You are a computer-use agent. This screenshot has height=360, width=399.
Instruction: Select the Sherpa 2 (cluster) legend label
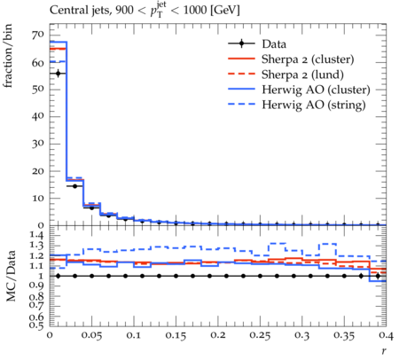pos(308,59)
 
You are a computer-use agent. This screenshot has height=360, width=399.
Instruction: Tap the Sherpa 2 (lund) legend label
pos(302,74)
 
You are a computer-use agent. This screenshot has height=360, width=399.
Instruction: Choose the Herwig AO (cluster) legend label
pos(316,90)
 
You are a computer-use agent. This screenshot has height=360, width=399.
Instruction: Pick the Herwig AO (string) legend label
pos(314,105)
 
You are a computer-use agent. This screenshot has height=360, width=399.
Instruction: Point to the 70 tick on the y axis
pos(38,35)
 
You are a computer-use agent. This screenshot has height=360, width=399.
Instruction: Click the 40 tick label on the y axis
pos(38,116)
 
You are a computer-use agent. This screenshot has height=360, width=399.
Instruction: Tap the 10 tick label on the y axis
pos(38,198)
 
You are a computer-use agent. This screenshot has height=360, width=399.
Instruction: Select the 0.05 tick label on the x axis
pos(91,335)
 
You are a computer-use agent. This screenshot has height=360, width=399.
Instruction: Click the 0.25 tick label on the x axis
pos(260,335)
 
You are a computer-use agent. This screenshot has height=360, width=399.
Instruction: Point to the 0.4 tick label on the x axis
pos(386,335)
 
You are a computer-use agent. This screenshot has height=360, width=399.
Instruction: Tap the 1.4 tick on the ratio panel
pos(37,235)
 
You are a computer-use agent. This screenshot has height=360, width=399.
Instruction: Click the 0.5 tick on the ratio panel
pos(37,325)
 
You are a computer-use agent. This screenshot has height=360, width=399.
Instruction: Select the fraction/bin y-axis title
pos(8,56)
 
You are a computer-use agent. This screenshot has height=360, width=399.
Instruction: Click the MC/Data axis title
pos(11,276)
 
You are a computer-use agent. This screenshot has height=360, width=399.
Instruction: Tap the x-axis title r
pos(384,351)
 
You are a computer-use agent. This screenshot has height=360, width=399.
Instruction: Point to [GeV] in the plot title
pos(225,11)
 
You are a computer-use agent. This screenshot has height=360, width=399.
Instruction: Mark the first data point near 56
pos(58,74)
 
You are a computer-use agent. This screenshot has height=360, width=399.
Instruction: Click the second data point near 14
pos(74,186)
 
